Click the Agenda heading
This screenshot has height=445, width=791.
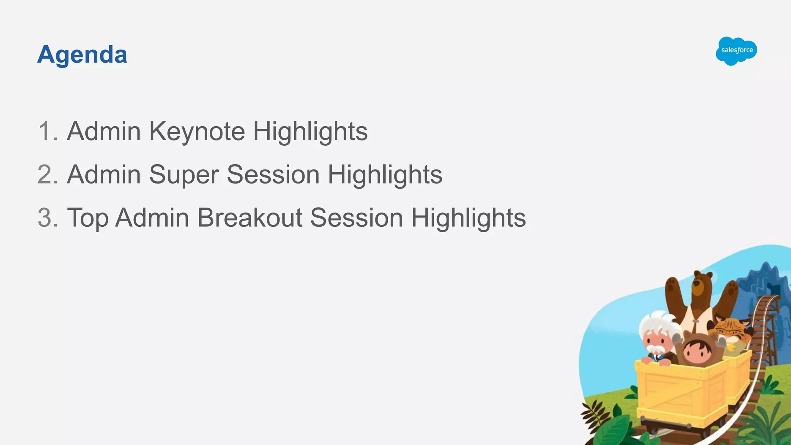pos(82,54)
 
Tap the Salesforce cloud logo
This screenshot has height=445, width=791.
pos(736,51)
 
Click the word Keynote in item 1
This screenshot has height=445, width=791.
pos(197,131)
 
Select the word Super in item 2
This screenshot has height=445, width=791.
pos(184,175)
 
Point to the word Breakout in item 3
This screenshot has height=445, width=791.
pos(250,217)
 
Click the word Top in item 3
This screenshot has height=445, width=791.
pos(88,218)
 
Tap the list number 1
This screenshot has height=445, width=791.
pos(47,131)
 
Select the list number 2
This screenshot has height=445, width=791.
pos(47,175)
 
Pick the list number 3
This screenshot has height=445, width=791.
pos(47,218)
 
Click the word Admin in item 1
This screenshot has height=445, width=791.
pos(104,131)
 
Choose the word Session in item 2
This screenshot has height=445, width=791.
pos(273,175)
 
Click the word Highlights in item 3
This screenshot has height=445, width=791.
pos(468,218)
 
